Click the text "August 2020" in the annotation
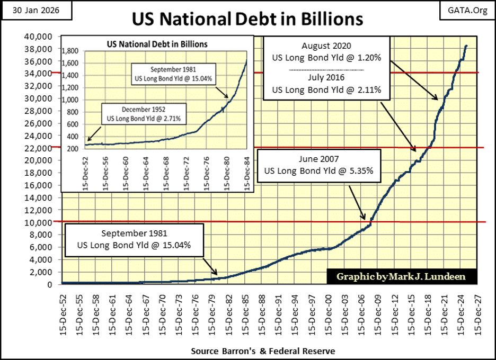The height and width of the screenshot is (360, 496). tap(326, 46)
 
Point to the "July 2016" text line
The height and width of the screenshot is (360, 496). tap(326, 78)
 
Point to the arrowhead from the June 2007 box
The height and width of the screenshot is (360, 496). tap(365, 218)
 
